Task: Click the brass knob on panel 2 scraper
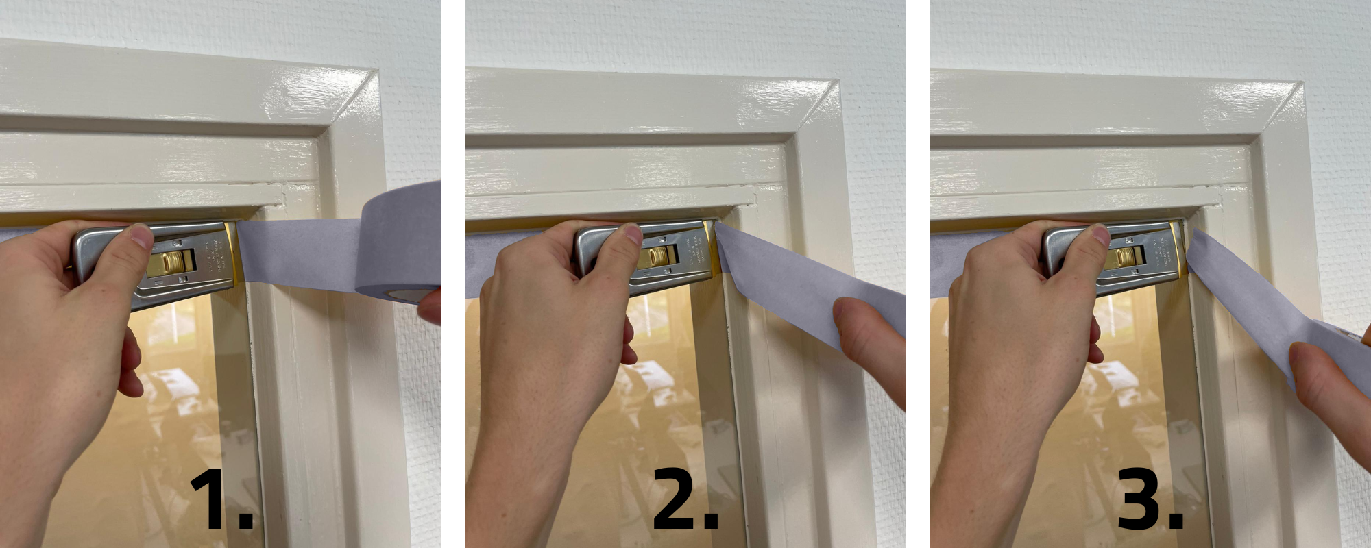659,256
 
